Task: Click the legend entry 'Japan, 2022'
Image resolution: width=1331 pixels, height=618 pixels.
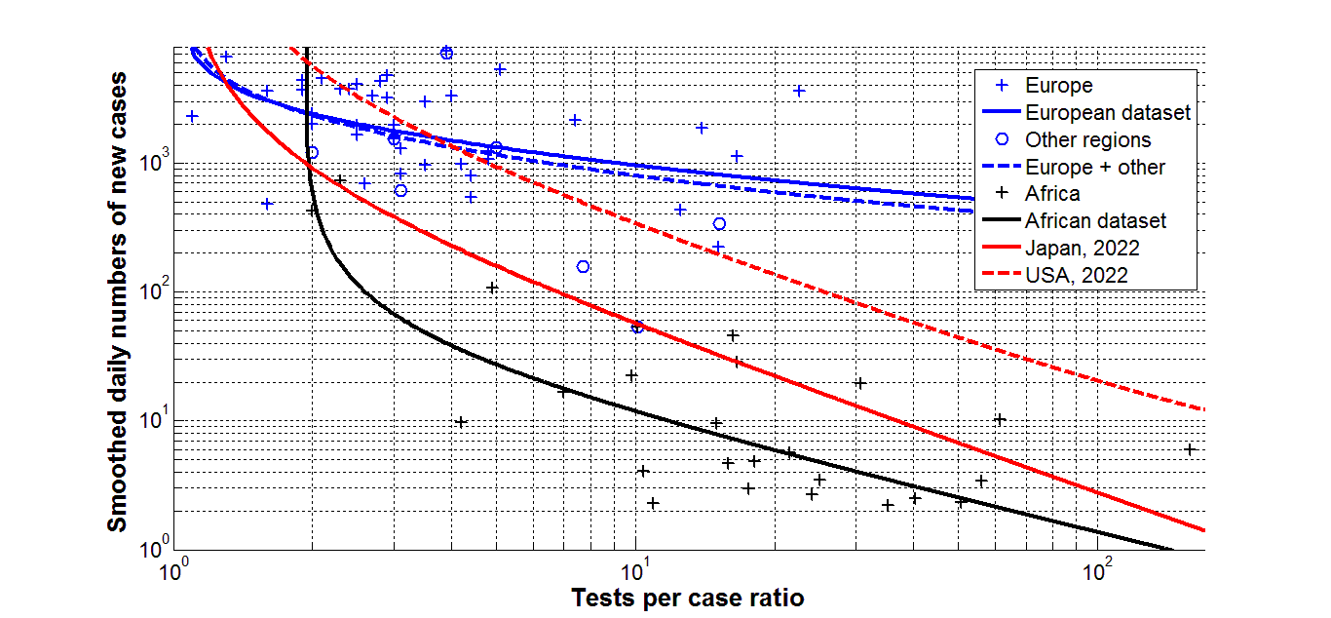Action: (1082, 249)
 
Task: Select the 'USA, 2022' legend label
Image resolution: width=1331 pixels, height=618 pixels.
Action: (1077, 276)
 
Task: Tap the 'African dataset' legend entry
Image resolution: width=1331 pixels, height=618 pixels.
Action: (1095, 221)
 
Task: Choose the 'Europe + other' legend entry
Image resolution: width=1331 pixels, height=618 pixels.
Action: (1095, 167)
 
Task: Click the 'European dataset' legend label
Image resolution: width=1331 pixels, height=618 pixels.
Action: (1108, 113)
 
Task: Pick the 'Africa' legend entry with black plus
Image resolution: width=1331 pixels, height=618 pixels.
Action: (1052, 194)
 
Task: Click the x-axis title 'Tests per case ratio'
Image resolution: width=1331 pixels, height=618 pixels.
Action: (688, 597)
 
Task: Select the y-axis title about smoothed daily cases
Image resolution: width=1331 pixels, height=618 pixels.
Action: (116, 300)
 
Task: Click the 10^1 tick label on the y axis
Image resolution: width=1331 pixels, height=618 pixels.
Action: (153, 419)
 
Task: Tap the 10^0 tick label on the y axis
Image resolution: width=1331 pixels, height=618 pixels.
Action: (153, 549)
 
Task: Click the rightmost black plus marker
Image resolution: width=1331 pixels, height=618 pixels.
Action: (1190, 449)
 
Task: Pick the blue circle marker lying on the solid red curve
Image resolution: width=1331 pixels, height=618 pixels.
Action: (637, 327)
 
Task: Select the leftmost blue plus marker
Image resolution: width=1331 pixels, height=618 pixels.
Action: (192, 116)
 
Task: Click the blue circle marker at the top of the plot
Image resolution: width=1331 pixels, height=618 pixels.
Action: (446, 53)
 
